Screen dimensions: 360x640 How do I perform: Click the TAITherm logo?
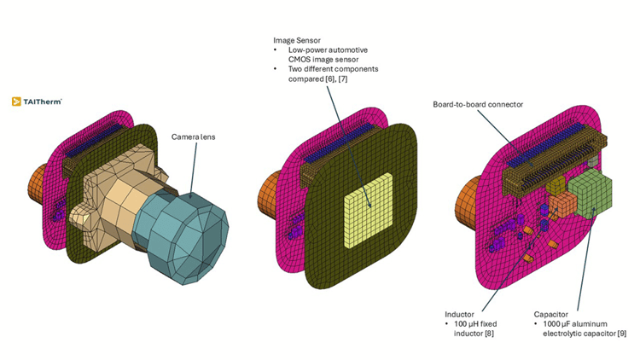click(37, 101)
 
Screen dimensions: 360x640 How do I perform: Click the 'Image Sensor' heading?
click(297, 40)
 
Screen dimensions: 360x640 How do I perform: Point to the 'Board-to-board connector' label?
click(478, 104)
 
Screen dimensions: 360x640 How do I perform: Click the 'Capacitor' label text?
click(550, 313)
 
